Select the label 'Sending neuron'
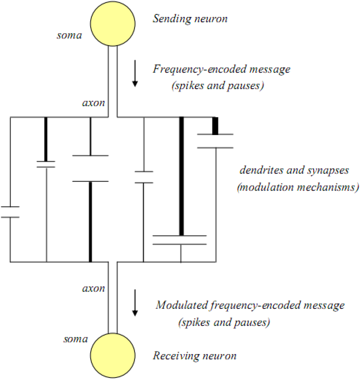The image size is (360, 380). tap(190, 18)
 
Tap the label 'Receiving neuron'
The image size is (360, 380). tap(194, 356)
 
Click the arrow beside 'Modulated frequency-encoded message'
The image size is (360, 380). tap(135, 307)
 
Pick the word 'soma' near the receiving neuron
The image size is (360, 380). tap(76, 339)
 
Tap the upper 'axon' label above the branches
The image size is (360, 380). tap(93, 104)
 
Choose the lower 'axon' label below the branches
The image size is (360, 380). tap(93, 288)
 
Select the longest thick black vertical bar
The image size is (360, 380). tap(181, 176)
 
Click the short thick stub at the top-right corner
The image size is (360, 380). tap(215, 125)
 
